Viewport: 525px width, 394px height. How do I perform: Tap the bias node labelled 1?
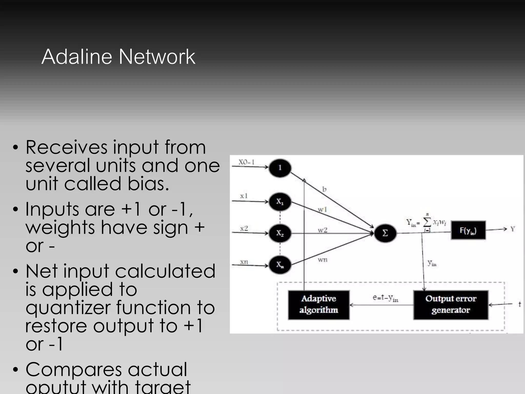point(280,168)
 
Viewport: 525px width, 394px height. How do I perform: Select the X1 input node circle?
point(280,202)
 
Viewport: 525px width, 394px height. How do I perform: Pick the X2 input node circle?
point(280,233)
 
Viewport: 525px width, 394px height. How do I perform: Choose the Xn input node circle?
point(280,265)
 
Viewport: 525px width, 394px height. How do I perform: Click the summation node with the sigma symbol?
point(385,233)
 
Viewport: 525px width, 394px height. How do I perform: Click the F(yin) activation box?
point(468,230)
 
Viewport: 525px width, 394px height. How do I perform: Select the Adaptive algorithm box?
point(319,305)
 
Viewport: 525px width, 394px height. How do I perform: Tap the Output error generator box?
point(451,305)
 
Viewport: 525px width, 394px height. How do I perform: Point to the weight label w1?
point(322,210)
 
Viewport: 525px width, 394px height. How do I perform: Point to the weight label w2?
point(322,230)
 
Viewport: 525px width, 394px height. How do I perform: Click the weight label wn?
point(322,260)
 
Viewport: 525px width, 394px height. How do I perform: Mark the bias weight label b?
point(324,189)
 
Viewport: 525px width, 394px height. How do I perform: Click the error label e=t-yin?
point(385,298)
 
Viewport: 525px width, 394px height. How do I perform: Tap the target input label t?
point(520,304)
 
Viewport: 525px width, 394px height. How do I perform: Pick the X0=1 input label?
point(246,162)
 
